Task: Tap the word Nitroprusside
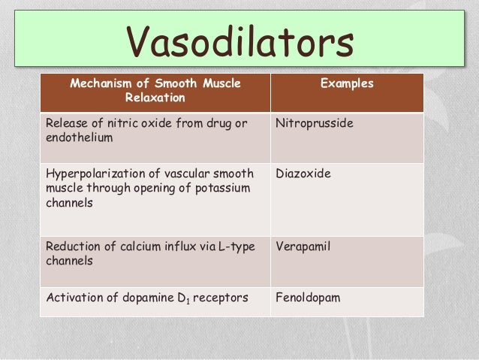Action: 314,123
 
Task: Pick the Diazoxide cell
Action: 303,174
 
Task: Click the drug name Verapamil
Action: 303,246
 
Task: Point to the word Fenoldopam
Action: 308,298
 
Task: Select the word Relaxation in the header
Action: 155,98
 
